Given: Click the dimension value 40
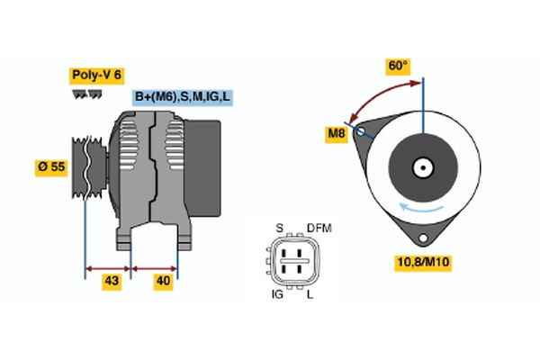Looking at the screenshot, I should pos(164,281).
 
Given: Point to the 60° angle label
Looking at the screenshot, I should pos(397,66).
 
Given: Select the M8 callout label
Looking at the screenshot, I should pos(337,134).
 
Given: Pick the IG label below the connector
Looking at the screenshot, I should pos(277,294).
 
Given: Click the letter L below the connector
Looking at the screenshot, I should pos(311,294).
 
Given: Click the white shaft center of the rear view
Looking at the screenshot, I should pos(423,167).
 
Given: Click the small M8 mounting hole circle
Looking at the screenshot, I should pos(362,131).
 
